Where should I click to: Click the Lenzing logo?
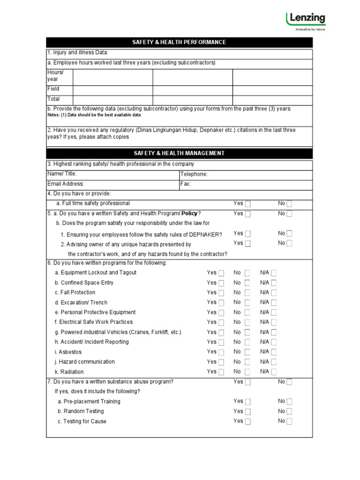305,21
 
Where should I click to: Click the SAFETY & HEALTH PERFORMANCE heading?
179,42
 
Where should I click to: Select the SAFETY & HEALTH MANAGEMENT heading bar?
179,153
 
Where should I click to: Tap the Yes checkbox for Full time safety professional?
247,204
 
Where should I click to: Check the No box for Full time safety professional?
289,204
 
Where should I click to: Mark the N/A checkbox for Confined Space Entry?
274,283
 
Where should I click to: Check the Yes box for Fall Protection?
221,293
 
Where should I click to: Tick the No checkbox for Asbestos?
247,352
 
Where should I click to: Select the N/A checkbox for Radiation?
274,372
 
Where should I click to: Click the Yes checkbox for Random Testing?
247,412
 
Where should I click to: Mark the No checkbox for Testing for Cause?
289,421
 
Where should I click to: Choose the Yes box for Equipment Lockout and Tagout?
221,273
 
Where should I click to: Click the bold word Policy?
190,213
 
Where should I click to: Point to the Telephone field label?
194,174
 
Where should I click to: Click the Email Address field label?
66,184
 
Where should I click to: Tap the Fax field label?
186,184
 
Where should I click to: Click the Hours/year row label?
55,76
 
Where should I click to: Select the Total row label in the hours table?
53,99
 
